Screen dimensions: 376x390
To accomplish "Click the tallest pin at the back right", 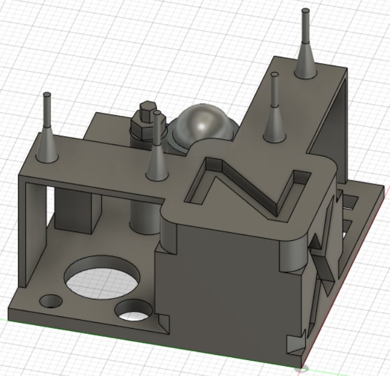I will pyautogui.click(x=305, y=41).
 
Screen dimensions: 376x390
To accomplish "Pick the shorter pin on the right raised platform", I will pyautogui.click(x=274, y=111).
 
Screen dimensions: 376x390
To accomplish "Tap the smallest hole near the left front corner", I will pyautogui.click(x=50, y=301).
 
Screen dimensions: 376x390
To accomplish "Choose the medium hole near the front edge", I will pyautogui.click(x=134, y=309).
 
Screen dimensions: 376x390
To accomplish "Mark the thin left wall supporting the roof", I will pyautogui.click(x=24, y=234).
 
